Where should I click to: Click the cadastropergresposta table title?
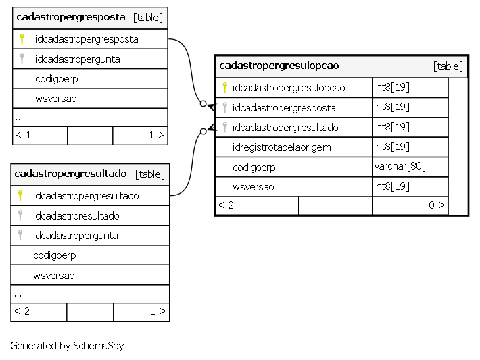click(x=71, y=17)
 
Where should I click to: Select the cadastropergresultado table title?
click(x=70, y=174)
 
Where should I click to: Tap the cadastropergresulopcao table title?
click(x=279, y=66)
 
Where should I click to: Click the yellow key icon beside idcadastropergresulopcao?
click(x=224, y=88)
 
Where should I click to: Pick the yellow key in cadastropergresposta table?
click(x=22, y=39)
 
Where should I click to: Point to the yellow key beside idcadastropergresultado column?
click(x=20, y=195)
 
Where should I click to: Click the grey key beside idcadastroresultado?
click(x=20, y=215)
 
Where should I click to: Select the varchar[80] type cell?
click(x=400, y=166)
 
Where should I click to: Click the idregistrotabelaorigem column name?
click(x=282, y=147)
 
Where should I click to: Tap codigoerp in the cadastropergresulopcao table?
click(x=254, y=168)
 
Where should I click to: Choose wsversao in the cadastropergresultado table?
click(x=54, y=276)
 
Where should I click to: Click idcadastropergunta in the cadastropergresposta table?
click(x=78, y=59)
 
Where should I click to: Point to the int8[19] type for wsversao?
click(x=391, y=186)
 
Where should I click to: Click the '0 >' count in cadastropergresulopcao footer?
click(x=437, y=205)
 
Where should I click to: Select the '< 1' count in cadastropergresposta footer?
click(x=23, y=135)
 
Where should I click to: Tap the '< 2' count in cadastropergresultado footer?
click(x=22, y=311)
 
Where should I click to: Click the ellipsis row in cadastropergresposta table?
click(x=19, y=118)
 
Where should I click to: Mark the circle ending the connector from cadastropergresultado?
click(x=203, y=132)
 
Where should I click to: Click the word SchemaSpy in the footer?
click(x=99, y=346)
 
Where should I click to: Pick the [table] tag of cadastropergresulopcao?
click(x=448, y=66)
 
